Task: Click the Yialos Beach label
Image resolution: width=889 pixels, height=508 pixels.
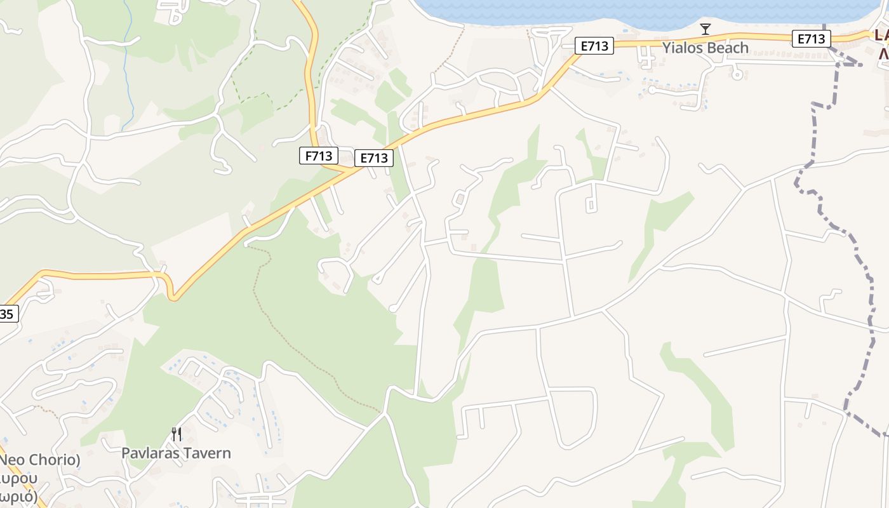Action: [705, 48]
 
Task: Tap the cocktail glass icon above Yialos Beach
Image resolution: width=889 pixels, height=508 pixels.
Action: [705, 29]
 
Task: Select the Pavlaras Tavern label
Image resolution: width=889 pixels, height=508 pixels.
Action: [176, 453]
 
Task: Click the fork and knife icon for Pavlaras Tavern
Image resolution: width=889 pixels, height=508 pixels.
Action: [177, 434]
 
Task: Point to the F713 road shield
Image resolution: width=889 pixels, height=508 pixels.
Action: [318, 156]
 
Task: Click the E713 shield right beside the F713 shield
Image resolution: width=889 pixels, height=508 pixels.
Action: [373, 158]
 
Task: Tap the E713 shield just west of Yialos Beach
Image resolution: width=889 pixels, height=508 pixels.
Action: [594, 46]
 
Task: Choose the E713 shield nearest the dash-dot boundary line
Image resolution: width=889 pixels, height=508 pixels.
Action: [812, 39]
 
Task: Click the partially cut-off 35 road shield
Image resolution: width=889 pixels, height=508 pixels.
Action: [8, 314]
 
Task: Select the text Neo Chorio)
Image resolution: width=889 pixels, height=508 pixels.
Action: [39, 460]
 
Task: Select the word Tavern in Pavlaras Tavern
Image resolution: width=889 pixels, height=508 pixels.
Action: [208, 453]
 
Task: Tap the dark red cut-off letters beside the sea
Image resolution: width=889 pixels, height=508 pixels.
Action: [881, 44]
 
